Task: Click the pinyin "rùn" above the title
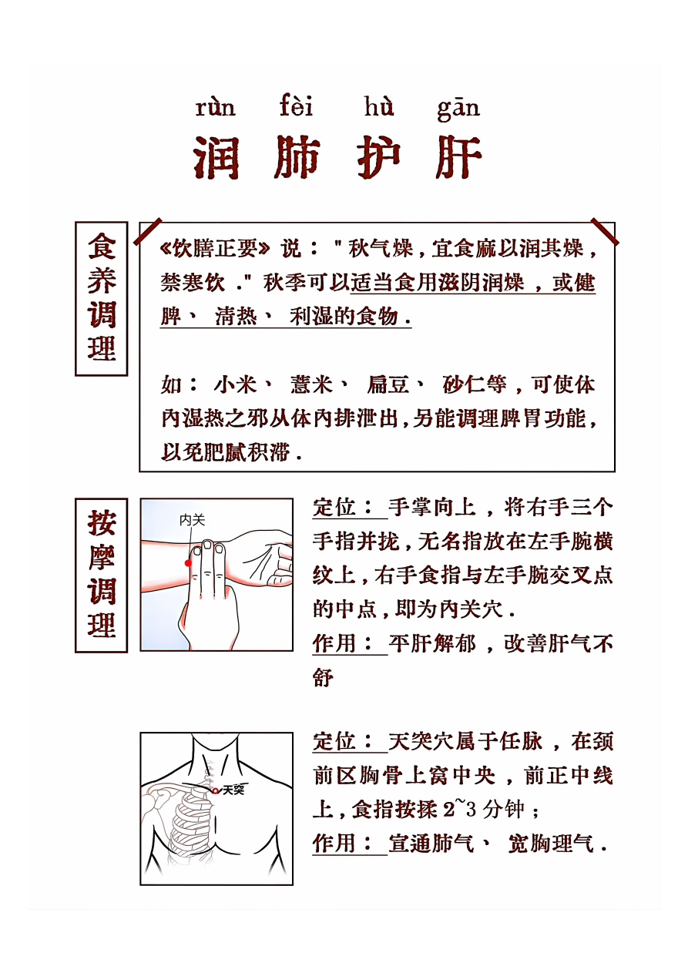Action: click(x=216, y=108)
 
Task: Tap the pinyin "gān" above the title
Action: click(x=458, y=109)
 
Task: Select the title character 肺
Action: click(x=297, y=157)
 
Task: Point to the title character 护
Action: click(x=379, y=157)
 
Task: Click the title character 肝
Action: click(x=458, y=157)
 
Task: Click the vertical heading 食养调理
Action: click(x=102, y=298)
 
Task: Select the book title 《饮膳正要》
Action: click(x=214, y=249)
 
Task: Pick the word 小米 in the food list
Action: click(x=236, y=385)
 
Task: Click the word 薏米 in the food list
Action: click(x=311, y=385)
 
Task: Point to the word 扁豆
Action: click(x=388, y=385)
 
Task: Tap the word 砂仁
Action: click(x=464, y=385)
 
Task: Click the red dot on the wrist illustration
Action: click(x=188, y=563)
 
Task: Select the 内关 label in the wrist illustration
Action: click(x=192, y=520)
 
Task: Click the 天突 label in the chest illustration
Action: click(x=233, y=790)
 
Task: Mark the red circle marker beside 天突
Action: click(x=216, y=791)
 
